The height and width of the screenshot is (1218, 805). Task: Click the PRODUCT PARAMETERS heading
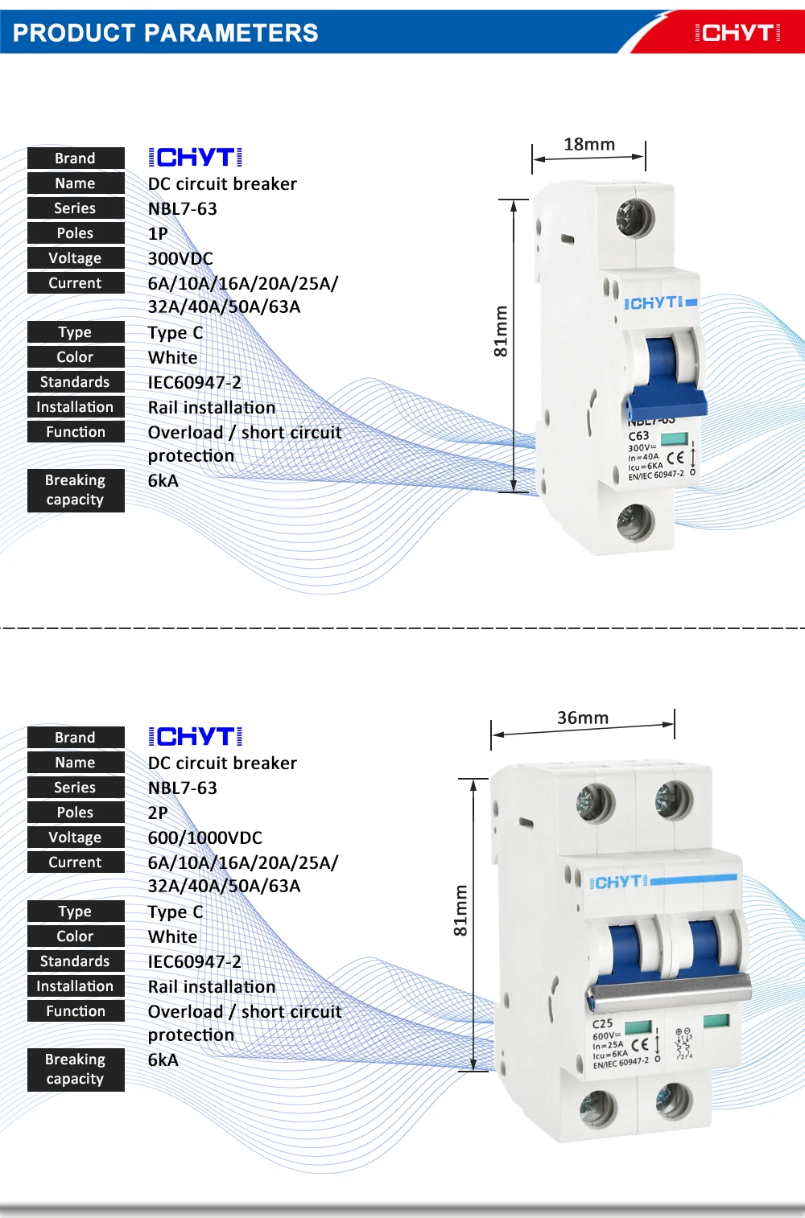[165, 33]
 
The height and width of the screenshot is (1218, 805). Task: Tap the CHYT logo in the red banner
[737, 33]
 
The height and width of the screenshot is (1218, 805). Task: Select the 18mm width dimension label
[589, 145]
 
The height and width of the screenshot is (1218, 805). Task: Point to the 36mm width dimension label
[583, 718]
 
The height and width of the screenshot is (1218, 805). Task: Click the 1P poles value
[158, 233]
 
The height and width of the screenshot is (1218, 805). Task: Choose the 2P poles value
[158, 813]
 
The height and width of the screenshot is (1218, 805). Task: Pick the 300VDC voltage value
[180, 258]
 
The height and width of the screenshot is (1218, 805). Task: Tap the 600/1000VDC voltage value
[205, 837]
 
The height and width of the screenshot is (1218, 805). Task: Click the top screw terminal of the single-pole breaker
[634, 217]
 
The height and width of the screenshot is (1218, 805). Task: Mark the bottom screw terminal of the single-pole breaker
[635, 521]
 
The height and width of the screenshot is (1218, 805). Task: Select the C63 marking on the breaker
[638, 436]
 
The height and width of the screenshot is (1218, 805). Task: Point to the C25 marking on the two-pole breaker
[602, 1024]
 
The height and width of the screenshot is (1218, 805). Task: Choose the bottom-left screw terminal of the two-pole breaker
[598, 1109]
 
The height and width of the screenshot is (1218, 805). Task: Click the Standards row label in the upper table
[76, 382]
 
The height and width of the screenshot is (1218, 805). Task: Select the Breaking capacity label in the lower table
[76, 1069]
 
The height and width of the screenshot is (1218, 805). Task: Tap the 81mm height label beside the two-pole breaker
[460, 911]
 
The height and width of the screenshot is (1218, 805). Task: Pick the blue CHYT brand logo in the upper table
[196, 158]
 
